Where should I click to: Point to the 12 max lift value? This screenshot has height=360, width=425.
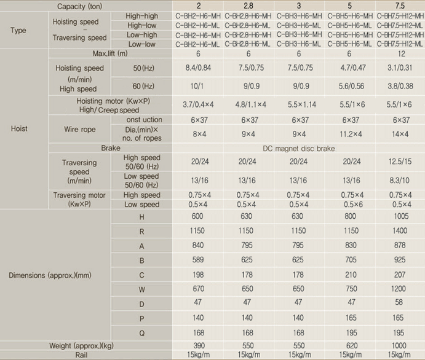(400, 54)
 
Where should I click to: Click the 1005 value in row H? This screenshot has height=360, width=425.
(400, 217)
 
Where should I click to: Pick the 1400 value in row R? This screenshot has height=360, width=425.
(400, 232)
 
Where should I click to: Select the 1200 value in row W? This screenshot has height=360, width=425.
(400, 289)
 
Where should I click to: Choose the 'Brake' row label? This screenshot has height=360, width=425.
(111, 148)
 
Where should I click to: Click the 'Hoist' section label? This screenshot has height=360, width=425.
(20, 129)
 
